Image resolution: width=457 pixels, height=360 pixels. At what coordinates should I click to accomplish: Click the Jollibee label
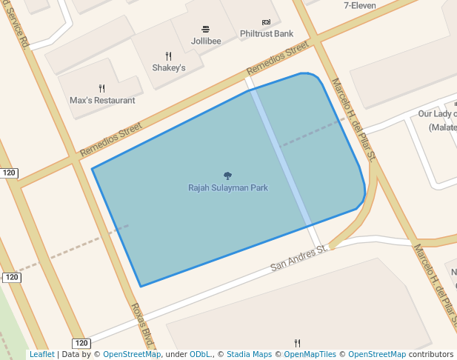(205, 41)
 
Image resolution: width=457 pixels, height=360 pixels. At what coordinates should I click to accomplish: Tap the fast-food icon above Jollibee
(205, 30)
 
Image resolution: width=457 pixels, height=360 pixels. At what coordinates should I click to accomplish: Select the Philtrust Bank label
(267, 34)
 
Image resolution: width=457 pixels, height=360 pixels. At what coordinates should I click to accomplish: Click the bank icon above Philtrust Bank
(267, 22)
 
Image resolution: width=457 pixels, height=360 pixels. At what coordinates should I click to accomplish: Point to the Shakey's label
(169, 67)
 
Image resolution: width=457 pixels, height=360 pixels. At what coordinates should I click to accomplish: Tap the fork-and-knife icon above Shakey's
(169, 56)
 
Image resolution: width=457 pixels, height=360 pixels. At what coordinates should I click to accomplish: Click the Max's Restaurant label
(102, 100)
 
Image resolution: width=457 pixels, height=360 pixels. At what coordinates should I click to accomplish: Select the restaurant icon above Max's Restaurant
(101, 88)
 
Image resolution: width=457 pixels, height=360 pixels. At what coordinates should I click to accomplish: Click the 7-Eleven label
(360, 6)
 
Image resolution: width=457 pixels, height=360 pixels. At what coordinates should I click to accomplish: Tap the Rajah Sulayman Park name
(227, 188)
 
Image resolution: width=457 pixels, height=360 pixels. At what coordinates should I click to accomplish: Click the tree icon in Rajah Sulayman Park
(227, 176)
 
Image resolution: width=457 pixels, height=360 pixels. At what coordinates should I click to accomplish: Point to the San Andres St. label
(298, 259)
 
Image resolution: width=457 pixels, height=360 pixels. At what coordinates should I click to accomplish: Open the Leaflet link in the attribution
(41, 355)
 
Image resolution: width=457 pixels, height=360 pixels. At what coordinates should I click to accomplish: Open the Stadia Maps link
(249, 355)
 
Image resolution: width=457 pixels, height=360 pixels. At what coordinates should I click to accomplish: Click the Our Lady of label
(437, 114)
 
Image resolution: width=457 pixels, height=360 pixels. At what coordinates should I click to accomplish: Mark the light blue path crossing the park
(280, 156)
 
